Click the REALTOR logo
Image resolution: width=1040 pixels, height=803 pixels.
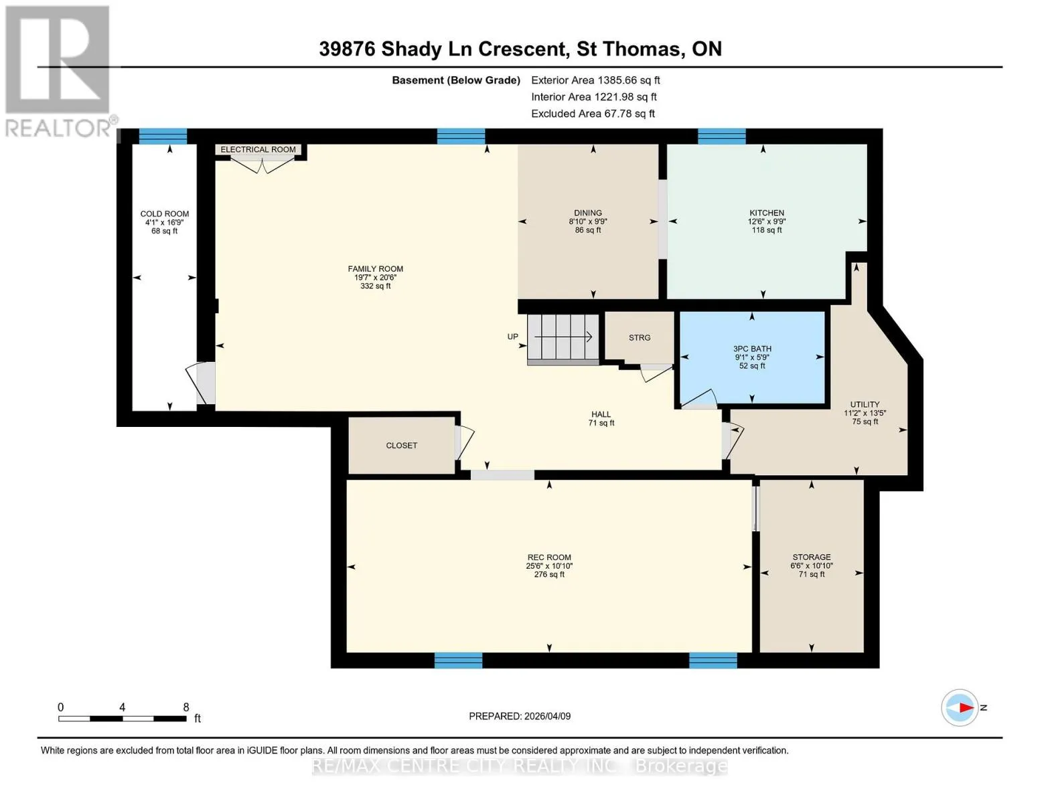60,72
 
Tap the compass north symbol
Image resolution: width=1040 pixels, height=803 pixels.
959,708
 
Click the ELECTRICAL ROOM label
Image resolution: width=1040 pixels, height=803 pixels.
258,150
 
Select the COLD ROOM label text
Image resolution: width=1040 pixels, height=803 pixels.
164,213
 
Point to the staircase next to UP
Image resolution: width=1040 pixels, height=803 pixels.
563,338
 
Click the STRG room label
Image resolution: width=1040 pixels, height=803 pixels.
640,338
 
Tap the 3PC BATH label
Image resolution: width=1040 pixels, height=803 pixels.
752,349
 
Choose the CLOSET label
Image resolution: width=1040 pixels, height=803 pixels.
402,445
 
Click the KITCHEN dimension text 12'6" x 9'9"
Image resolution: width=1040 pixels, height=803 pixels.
767,221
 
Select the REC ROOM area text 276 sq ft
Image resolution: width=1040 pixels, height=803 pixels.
549,574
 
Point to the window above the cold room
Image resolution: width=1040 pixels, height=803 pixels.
163,137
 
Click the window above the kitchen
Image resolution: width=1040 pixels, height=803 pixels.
722,137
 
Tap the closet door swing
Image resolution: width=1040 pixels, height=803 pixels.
464,442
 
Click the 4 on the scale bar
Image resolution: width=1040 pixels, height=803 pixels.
122,707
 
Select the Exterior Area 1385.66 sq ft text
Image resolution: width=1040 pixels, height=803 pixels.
595,80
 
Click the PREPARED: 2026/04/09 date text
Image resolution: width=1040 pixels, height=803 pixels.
520,716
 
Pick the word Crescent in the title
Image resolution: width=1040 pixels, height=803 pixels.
524,49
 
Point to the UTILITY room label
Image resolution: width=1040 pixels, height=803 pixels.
865,404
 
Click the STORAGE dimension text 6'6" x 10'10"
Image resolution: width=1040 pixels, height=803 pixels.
811,566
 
